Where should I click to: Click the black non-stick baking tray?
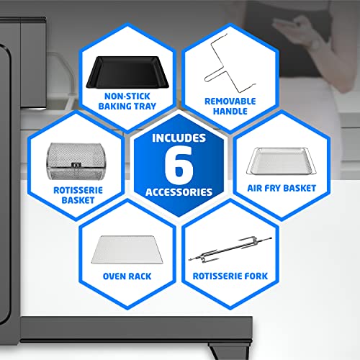(127, 72)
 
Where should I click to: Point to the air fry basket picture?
(282, 161)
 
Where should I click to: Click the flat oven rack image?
(127, 250)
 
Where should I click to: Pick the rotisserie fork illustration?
(230, 250)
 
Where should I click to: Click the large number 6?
(179, 165)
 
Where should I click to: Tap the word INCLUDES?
(179, 138)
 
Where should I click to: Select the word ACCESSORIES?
(179, 192)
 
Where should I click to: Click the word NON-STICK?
(127, 96)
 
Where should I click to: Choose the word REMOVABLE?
(230, 102)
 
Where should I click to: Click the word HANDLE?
(230, 112)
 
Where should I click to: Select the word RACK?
(140, 276)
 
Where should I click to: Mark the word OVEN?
(114, 276)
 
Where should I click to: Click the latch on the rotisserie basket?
(76, 165)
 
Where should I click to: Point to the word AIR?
(255, 189)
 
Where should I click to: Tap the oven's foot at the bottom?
(228, 352)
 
